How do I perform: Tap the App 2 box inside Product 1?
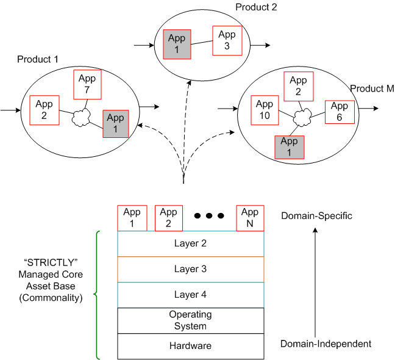coord(44,109)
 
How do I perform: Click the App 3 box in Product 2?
coord(227,40)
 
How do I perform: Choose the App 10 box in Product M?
coord(265,110)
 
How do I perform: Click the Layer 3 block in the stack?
coord(191,269)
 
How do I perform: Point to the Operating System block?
coord(191,320)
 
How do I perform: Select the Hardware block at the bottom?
coord(191,346)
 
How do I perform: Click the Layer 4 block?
coord(191,295)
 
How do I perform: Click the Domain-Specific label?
coord(316,216)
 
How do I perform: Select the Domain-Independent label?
coord(326,344)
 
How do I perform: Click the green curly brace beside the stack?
coord(96,295)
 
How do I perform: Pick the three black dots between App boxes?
coord(209,215)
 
